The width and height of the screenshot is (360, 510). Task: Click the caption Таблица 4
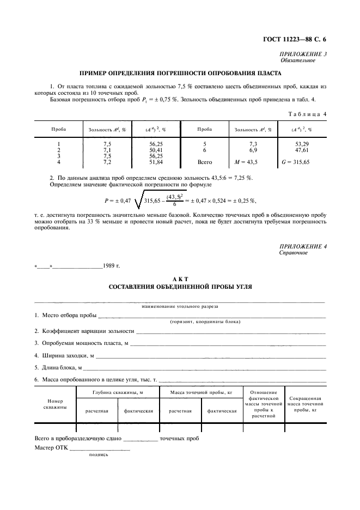pyautogui.click(x=306, y=114)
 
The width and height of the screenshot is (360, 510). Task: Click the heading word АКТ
pyautogui.click(x=180, y=278)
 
